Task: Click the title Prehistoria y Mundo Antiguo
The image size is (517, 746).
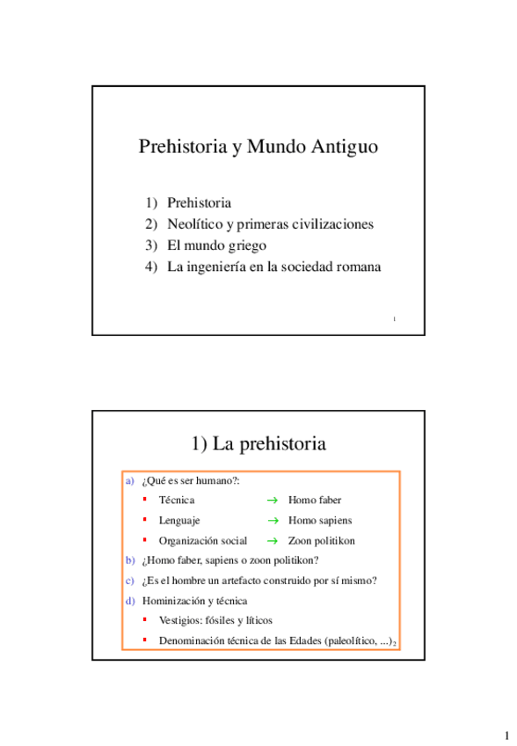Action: coord(258,147)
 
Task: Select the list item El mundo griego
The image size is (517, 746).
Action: coord(216,245)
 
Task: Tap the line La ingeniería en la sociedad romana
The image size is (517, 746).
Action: coord(273,267)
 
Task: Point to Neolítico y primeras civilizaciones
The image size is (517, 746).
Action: coord(270,224)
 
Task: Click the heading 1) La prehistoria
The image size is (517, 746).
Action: coord(258,443)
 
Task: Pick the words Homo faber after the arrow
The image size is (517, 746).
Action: coord(315,500)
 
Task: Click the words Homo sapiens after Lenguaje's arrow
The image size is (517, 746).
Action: coord(320,521)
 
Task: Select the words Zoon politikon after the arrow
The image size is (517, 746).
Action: coord(322,541)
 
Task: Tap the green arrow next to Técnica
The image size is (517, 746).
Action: coord(272,501)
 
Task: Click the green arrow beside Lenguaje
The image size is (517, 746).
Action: coord(272,521)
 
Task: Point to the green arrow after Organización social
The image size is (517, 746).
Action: coord(272,541)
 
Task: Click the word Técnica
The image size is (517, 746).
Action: coord(177,500)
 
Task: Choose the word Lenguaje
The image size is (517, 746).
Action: coord(179,521)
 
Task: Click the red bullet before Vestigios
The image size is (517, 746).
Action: coord(145,619)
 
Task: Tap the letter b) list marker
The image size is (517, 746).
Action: coord(130,560)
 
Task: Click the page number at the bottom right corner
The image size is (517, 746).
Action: coord(506,735)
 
